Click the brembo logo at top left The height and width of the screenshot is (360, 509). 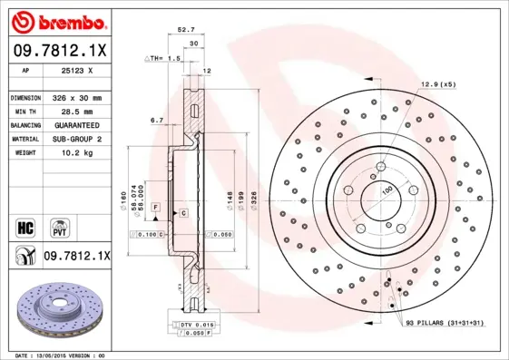(x=57, y=21)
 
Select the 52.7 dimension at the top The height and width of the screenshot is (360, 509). (x=186, y=29)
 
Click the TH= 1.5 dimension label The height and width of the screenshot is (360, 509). (x=164, y=58)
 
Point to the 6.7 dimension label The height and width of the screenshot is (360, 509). (x=156, y=120)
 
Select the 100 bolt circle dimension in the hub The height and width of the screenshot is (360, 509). (x=387, y=190)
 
